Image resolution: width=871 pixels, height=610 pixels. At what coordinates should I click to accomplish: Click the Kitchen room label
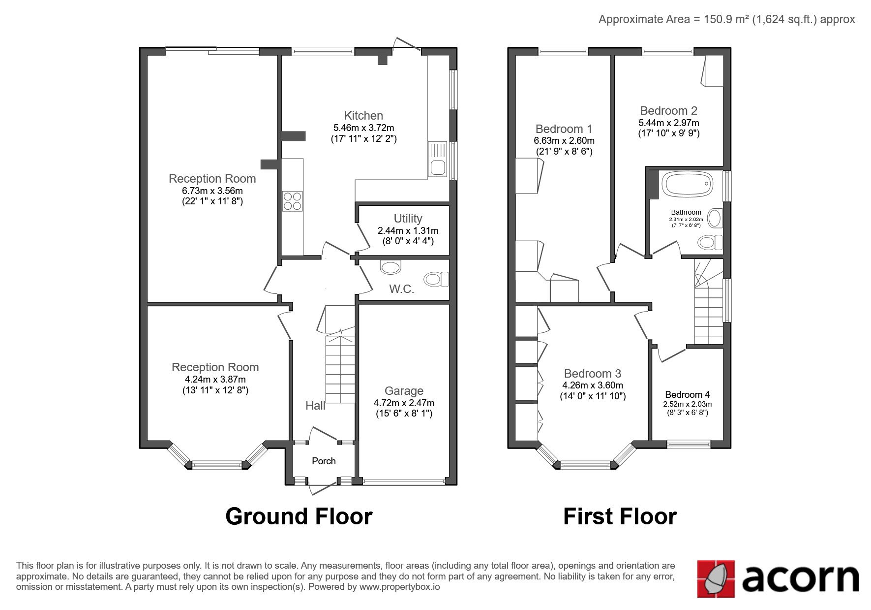[x=363, y=116]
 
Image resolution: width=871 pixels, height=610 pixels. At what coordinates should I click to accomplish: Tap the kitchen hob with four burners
[x=292, y=201]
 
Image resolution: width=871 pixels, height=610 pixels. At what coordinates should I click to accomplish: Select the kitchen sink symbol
[x=437, y=159]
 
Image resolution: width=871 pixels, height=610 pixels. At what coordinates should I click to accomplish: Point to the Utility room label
[x=408, y=218]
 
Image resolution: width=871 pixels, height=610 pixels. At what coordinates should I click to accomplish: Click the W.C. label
[x=402, y=289]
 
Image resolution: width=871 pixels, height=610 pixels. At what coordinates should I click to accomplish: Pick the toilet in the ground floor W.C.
[x=436, y=279]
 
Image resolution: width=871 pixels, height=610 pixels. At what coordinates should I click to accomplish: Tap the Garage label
[x=404, y=391]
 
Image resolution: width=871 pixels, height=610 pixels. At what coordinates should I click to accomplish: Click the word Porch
[x=324, y=461]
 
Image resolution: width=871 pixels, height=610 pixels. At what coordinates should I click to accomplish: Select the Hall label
[x=315, y=406]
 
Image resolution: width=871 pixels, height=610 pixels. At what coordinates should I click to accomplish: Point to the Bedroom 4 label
[x=687, y=394]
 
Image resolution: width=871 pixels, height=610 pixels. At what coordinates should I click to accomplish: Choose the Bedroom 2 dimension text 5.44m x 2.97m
[x=668, y=123]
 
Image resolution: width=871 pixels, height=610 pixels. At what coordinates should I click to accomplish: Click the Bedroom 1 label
[x=564, y=129]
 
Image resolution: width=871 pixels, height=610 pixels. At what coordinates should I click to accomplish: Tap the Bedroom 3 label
[x=593, y=374]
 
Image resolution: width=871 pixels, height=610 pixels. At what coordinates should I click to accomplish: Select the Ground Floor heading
[x=299, y=516]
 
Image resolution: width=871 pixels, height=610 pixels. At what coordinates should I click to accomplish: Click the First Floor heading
[x=620, y=516]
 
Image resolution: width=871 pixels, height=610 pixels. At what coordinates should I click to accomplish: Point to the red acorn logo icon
[x=716, y=578]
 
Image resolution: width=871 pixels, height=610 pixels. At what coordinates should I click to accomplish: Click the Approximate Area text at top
[x=726, y=19]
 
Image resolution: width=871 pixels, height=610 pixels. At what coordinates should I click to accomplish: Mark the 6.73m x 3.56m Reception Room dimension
[x=212, y=191]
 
